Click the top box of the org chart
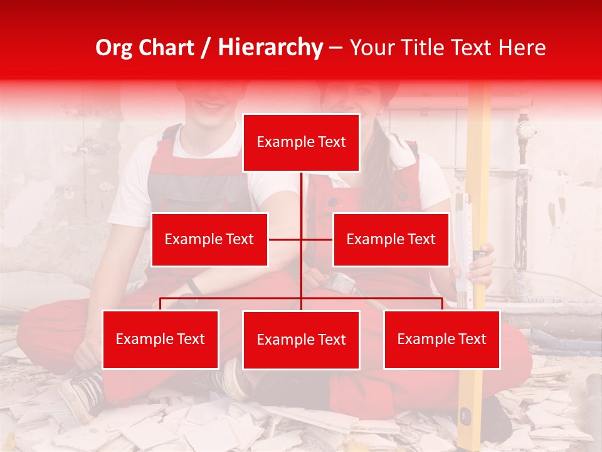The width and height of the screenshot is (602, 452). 301,143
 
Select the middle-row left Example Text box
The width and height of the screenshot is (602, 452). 209,240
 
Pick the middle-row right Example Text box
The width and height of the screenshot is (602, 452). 391,240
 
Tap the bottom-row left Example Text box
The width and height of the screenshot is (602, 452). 161,340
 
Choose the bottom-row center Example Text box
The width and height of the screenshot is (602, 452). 301,340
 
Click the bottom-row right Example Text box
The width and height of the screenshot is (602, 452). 441,340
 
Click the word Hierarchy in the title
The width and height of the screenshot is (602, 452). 270,48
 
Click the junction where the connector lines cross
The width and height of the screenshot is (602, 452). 301,239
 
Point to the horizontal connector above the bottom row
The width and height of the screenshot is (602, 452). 232,298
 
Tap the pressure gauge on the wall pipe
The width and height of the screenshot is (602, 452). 526,131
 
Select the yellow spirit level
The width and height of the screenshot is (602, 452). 480,188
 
